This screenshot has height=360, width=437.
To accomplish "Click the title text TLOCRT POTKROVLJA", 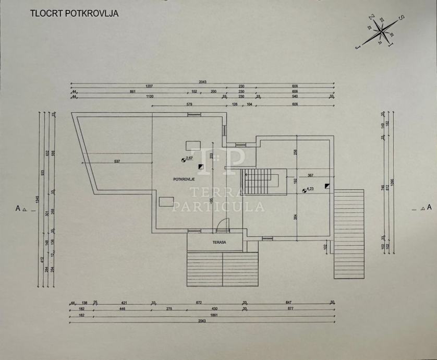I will (x=74, y=13).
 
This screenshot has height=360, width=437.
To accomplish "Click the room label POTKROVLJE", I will (x=184, y=178).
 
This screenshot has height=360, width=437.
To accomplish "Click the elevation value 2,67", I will (x=190, y=158).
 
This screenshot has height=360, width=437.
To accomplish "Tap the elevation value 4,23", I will (x=310, y=189).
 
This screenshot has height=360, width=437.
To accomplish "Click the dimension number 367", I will (x=310, y=175).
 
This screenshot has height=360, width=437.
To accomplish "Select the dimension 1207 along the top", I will (x=149, y=86).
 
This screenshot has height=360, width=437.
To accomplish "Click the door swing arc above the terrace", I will (x=223, y=225).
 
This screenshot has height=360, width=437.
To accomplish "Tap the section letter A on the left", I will (x=18, y=208).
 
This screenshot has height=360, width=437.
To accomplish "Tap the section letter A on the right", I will (x=429, y=207).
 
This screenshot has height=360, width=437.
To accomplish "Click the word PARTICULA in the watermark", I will (x=218, y=207).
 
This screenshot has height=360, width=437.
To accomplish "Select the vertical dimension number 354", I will (x=295, y=217).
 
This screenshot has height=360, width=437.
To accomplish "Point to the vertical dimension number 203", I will (x=212, y=155).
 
